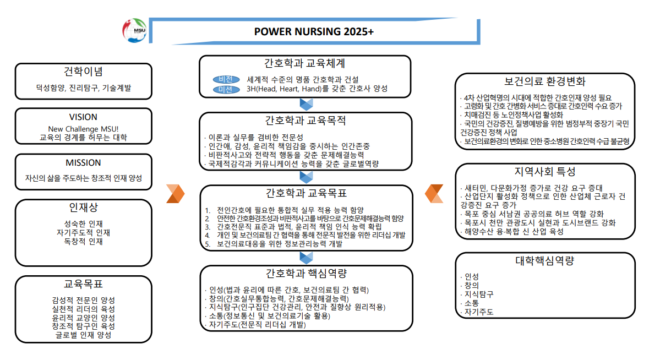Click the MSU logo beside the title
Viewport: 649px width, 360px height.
[134, 30]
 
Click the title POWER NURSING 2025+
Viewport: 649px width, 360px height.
[314, 31]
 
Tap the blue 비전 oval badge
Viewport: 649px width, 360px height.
[226, 79]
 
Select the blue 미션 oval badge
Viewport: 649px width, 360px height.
[226, 89]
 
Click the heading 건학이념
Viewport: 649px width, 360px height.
[83, 72]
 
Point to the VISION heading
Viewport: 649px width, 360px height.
[83, 117]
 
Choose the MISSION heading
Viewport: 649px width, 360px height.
[83, 162]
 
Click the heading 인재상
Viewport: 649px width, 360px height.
[83, 208]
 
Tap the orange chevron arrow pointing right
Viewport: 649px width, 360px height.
[176, 194]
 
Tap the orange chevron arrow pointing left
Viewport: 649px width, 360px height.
[434, 194]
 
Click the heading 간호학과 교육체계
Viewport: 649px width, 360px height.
[304, 63]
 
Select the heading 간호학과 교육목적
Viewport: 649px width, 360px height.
[306, 121]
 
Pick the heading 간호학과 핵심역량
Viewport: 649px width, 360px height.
[306, 273]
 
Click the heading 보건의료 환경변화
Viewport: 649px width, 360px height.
[545, 81]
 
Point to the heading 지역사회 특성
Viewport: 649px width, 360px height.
[545, 171]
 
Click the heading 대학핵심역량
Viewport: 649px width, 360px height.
[545, 261]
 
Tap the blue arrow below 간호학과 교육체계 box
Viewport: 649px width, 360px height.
[306, 104]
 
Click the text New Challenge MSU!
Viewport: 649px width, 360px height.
[83, 129]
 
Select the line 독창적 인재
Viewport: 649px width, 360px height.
[83, 241]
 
